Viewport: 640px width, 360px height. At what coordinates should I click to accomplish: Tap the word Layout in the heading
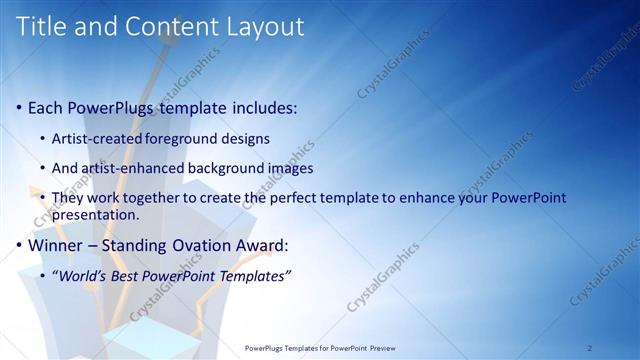[263, 27]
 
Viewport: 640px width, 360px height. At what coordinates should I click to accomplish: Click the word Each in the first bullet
[46, 107]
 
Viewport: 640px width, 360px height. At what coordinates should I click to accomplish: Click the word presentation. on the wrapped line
[96, 214]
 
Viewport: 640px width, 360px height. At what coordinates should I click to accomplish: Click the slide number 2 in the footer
[589, 347]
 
